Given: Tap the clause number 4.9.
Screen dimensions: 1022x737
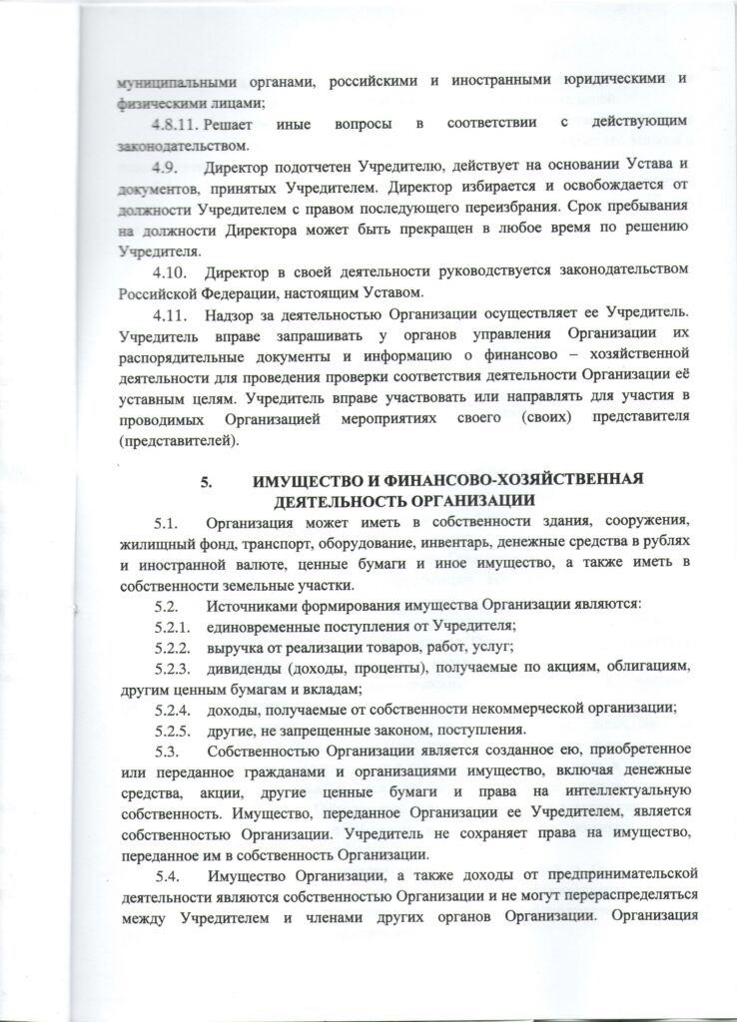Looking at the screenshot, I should pyautogui.click(x=166, y=163).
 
